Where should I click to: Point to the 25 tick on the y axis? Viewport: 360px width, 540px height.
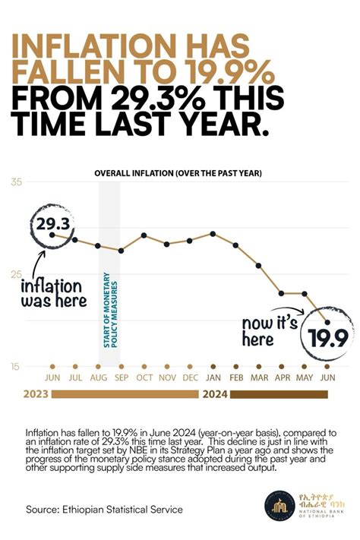15,274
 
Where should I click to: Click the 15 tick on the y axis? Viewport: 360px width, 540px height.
15,368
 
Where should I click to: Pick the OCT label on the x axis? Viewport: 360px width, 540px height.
144,378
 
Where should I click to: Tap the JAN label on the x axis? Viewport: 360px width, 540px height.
213,378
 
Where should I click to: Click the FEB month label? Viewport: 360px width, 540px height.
235,378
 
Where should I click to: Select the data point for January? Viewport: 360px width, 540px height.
213,234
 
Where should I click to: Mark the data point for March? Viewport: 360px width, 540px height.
258,265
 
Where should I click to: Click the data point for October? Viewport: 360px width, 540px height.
144,235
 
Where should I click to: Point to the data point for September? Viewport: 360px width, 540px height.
122,250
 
